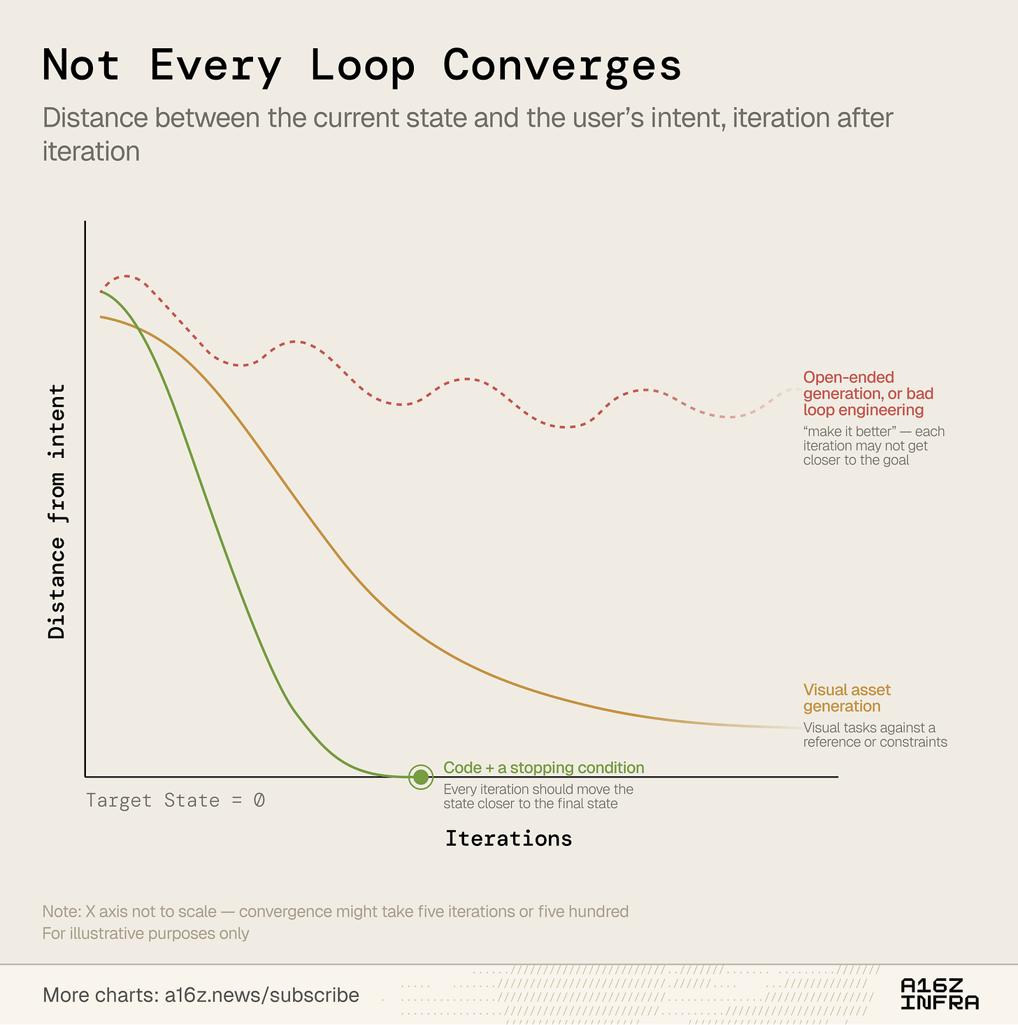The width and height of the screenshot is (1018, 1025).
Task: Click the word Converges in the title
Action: (562, 66)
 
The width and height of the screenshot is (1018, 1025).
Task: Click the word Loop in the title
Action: (362, 66)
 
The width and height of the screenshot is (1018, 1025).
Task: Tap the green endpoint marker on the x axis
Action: (421, 777)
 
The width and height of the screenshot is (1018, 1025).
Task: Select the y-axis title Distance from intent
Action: (57, 511)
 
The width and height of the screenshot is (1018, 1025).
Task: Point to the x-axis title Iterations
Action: (509, 839)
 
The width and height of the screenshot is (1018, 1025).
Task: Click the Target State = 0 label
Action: (175, 801)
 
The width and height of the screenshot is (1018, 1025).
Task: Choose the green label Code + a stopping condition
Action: (544, 768)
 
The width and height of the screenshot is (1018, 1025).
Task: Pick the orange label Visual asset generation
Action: (847, 698)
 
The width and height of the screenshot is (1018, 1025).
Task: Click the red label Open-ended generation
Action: (868, 385)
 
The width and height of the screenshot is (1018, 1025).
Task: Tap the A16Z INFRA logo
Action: (939, 994)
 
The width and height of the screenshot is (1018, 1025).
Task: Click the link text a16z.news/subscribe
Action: (261, 995)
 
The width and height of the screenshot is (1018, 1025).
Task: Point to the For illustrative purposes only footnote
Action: (146, 933)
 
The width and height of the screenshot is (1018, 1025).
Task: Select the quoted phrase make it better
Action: (849, 431)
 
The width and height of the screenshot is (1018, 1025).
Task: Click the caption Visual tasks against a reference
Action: (875, 735)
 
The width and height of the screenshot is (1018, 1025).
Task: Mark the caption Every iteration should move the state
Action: (538, 796)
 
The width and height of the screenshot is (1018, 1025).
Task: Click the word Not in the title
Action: (81, 65)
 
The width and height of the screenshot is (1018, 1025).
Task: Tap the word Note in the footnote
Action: (61, 912)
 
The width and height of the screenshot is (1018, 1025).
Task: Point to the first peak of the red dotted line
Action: (127, 276)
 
